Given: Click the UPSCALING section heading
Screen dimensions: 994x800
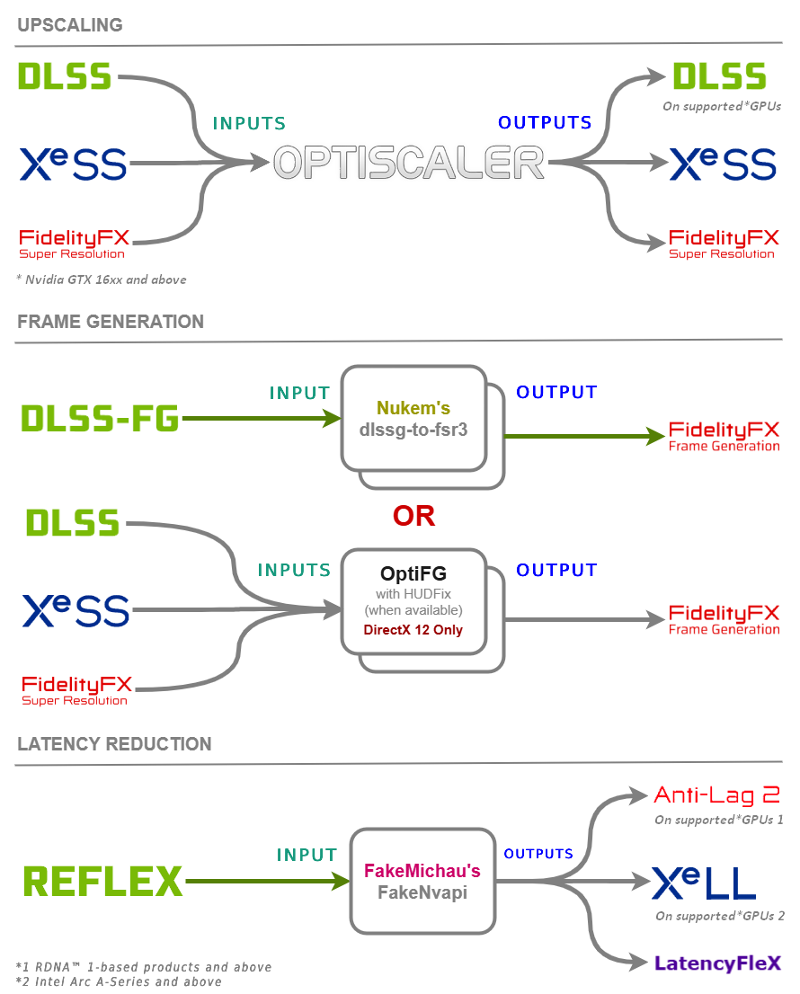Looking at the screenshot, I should [x=69, y=25].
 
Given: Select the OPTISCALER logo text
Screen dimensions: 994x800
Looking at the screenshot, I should [x=409, y=163].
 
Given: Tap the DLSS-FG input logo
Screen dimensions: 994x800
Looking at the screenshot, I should [x=100, y=418].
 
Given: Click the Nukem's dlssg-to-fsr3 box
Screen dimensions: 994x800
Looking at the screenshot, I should [x=413, y=419].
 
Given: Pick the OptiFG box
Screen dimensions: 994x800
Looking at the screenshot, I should [x=413, y=599].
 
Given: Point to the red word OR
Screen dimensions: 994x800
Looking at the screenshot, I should [x=413, y=516].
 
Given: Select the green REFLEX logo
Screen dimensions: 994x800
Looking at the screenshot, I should [x=102, y=882].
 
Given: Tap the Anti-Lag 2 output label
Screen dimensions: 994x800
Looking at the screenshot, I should [x=716, y=794].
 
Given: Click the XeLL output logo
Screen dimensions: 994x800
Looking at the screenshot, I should [x=704, y=883].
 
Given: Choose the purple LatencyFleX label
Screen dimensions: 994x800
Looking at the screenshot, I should [x=717, y=963].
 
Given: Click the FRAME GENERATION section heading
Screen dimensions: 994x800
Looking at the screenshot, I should [x=111, y=322].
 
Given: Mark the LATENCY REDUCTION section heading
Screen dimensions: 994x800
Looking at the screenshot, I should [x=114, y=744].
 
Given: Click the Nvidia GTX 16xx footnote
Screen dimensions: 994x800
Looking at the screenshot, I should [x=102, y=280].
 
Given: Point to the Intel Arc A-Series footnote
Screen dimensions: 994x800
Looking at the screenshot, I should [x=119, y=981].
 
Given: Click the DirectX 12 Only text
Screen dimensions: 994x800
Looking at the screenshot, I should [x=413, y=630].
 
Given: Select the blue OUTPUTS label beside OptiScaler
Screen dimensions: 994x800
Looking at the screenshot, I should [x=545, y=122].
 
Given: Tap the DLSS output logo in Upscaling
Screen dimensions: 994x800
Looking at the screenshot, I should [x=719, y=76].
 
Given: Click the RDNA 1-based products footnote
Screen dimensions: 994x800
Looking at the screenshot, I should [x=144, y=967].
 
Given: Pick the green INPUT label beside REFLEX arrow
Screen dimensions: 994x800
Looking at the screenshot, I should [x=307, y=855].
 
